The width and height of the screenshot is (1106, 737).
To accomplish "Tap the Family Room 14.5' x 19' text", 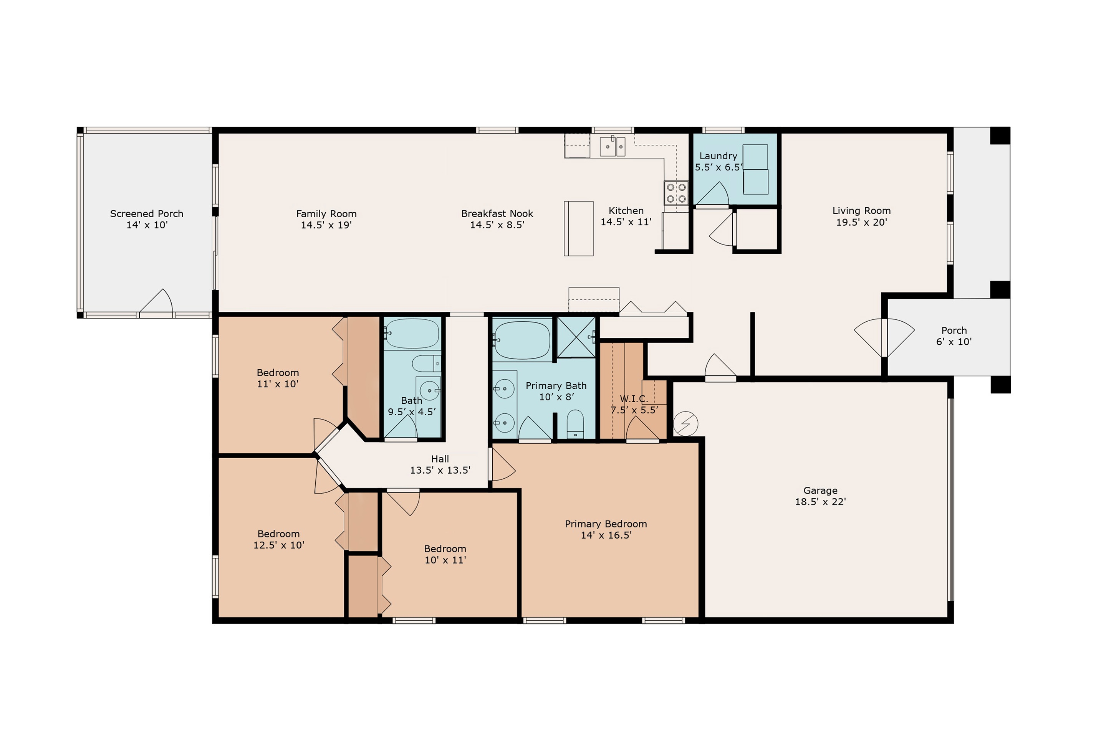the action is coord(326,220).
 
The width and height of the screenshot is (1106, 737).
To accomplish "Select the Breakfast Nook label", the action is coord(497,214).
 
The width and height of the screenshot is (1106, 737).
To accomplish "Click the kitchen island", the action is coord(578,228).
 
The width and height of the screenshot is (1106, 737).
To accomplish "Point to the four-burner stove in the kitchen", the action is coord(676,193).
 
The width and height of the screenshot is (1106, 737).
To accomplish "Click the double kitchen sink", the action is coord(613,146).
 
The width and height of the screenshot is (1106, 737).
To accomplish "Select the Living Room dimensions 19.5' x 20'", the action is coord(861,222).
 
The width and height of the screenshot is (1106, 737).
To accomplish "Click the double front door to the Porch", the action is coord(884,337).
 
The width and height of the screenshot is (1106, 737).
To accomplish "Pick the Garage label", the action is coord(821,491).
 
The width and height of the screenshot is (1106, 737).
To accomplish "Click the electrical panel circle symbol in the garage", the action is coord(685,423).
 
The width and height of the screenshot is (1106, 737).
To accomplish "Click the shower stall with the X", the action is coord(576,337).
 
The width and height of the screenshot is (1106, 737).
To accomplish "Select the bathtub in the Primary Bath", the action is coord(522,340).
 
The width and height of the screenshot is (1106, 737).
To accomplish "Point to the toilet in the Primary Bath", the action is coord(575,424).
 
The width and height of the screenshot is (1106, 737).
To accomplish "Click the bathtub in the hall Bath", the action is coord(412,334).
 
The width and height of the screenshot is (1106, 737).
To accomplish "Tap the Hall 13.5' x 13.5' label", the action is coord(440,464).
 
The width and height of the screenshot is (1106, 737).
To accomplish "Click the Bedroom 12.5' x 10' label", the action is coord(279,540).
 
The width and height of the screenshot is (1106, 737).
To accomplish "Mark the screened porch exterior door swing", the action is coord(157,301).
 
